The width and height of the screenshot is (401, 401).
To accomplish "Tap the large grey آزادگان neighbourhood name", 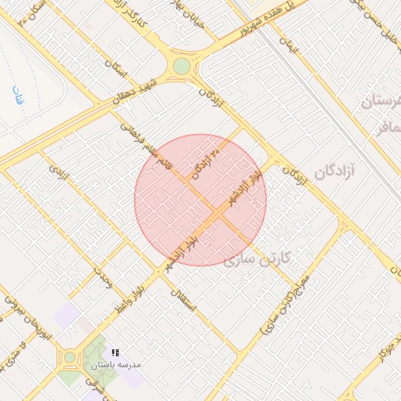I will (x=334, y=170).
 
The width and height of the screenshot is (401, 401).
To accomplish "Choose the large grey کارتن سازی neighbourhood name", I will (x=258, y=258).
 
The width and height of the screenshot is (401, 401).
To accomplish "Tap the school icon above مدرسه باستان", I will (x=116, y=353).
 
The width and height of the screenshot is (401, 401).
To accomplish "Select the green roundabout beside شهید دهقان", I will (x=182, y=66).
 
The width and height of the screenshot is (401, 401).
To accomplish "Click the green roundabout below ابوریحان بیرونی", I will (x=70, y=357).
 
